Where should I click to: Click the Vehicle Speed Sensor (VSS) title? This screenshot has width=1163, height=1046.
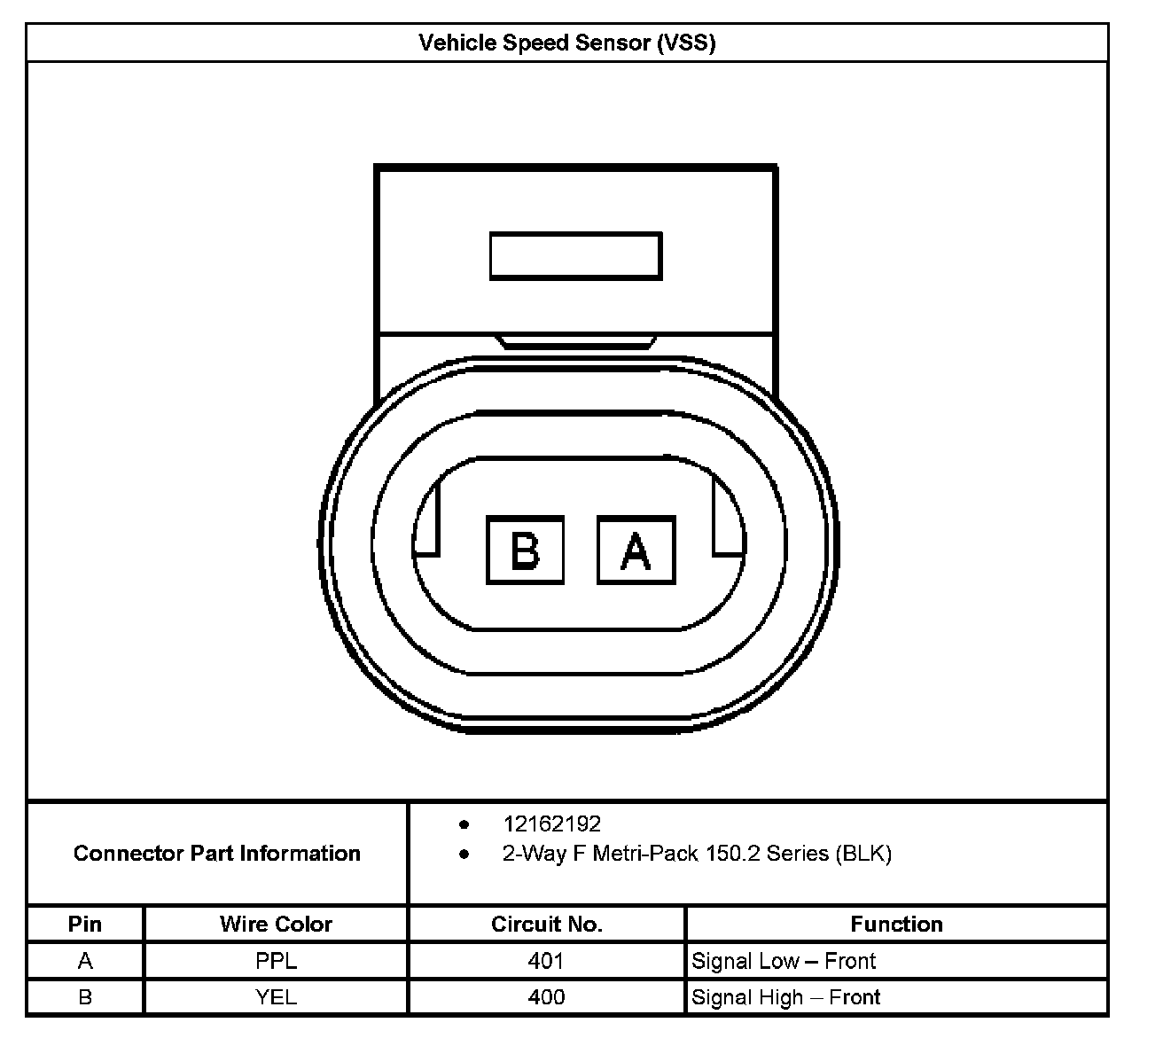click(566, 43)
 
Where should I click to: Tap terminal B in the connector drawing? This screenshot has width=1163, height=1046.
click(525, 550)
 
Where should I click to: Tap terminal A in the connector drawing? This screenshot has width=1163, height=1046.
click(636, 550)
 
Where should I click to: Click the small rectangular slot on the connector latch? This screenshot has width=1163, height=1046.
click(575, 256)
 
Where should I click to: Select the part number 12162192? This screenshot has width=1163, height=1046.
click(551, 824)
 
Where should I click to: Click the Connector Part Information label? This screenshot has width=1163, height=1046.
click(216, 854)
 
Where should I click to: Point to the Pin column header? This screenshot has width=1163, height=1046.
click(85, 925)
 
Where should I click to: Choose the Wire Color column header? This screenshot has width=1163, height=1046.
click(276, 925)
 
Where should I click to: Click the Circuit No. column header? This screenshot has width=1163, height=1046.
click(546, 925)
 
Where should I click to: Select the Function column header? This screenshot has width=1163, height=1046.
click(896, 925)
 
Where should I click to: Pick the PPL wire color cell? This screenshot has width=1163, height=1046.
click(276, 961)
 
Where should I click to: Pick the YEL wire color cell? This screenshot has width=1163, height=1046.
click(276, 997)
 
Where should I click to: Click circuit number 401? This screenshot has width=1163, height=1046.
click(546, 961)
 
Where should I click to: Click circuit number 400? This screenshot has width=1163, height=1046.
click(546, 997)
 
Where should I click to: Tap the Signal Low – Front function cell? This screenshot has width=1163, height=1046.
click(784, 961)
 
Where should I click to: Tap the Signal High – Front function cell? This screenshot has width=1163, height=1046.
click(785, 997)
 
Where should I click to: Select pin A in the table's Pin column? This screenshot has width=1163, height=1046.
click(85, 961)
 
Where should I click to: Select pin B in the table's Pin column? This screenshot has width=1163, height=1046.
click(85, 997)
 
